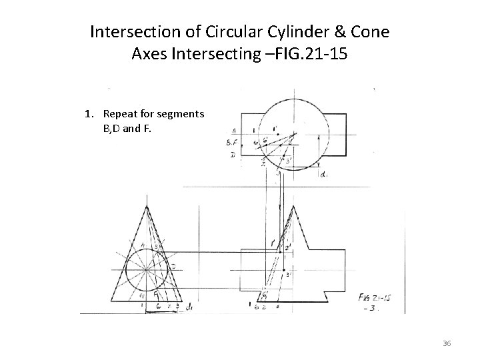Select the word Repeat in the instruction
pyautogui.click(x=121, y=113)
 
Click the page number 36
pyautogui.click(x=447, y=343)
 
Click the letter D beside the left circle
pyautogui.click(x=173, y=267)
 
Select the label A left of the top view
pyautogui.click(x=233, y=131)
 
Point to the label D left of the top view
pyautogui.click(x=232, y=155)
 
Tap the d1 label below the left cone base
pyautogui.click(x=190, y=306)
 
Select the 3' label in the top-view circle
pyautogui.click(x=288, y=160)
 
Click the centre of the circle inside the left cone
pyautogui.click(x=145, y=269)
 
